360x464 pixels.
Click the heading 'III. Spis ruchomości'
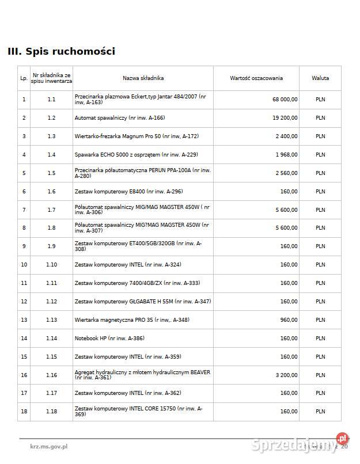[61, 51]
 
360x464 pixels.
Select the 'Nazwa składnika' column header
[143, 78]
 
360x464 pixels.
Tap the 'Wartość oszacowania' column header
[256, 78]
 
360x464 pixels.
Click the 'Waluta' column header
[320, 78]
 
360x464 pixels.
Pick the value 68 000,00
[285, 99]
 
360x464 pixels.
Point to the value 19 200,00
[285, 118]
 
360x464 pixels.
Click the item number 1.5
[51, 173]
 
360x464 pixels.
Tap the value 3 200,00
[286, 375]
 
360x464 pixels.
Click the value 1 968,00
[286, 155]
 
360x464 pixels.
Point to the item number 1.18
[51, 411]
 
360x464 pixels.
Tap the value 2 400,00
[286, 136]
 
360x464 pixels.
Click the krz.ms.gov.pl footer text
[49, 446]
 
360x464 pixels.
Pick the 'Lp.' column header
[24, 78]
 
